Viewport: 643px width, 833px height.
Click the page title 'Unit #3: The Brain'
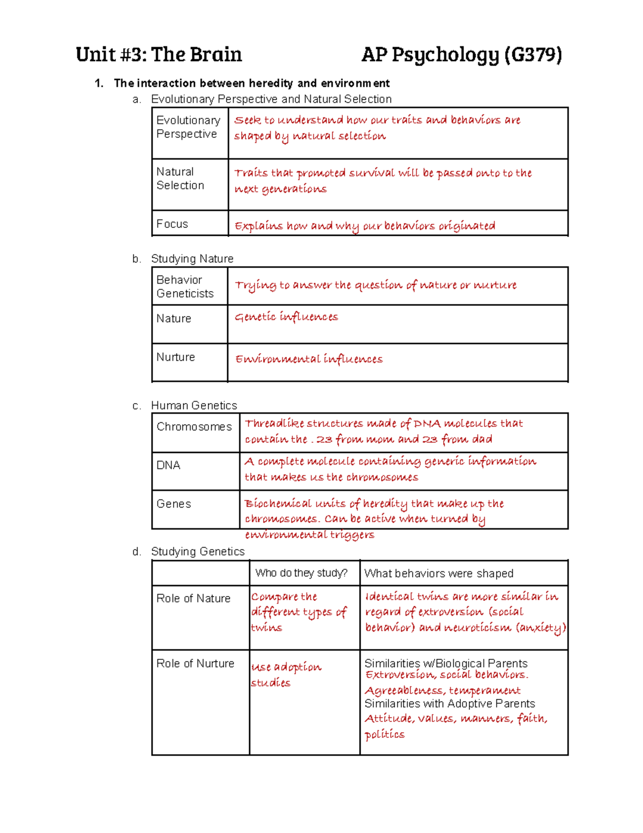(159, 55)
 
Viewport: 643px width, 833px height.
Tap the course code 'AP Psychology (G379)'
(461, 55)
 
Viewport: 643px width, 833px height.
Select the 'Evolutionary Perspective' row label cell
(188, 127)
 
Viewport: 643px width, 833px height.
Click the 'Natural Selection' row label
(180, 178)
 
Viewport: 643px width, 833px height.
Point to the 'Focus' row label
(172, 224)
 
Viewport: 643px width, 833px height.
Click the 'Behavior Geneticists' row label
(185, 287)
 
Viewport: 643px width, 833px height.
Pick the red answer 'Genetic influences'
(286, 317)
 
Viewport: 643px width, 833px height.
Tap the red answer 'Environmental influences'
(309, 359)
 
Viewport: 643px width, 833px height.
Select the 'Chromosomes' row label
(194, 427)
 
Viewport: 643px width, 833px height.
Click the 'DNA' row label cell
(168, 465)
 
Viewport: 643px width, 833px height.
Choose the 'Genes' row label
(174, 504)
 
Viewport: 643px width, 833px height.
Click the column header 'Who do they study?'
(301, 573)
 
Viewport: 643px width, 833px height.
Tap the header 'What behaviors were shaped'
(438, 574)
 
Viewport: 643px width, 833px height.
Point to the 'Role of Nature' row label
(193, 599)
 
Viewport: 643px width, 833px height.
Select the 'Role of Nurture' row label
(195, 664)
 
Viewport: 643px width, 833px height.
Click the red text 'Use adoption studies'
(286, 674)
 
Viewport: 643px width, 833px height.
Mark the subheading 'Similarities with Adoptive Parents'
(450, 704)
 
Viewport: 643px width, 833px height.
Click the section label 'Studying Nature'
(192, 259)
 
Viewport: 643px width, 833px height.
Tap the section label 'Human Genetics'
(194, 406)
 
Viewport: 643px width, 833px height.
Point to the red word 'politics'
(384, 734)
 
